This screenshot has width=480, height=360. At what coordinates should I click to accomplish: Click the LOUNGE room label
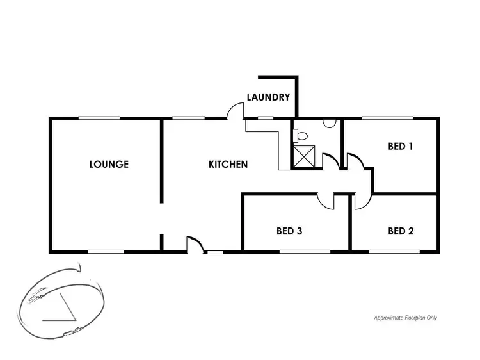pyautogui.click(x=109, y=164)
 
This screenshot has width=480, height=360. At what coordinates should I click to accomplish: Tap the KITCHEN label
pyautogui.click(x=228, y=164)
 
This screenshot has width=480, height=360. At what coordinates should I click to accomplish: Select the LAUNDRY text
pyautogui.click(x=269, y=98)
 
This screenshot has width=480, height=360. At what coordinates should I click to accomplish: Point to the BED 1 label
pyautogui.click(x=401, y=146)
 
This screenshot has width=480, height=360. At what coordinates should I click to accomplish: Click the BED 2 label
pyautogui.click(x=401, y=231)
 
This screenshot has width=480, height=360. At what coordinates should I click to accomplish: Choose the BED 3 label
pyautogui.click(x=289, y=231)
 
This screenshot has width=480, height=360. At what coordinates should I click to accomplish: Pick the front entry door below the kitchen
pyautogui.click(x=195, y=243)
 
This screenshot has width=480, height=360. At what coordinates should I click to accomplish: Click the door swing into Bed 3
pyautogui.click(x=326, y=200)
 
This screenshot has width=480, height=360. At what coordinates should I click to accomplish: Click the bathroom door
pyautogui.click(x=331, y=161)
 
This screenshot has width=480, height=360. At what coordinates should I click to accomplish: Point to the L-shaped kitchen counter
pyautogui.click(x=272, y=141)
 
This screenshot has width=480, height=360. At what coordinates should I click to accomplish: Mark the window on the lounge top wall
pyautogui.click(x=99, y=118)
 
